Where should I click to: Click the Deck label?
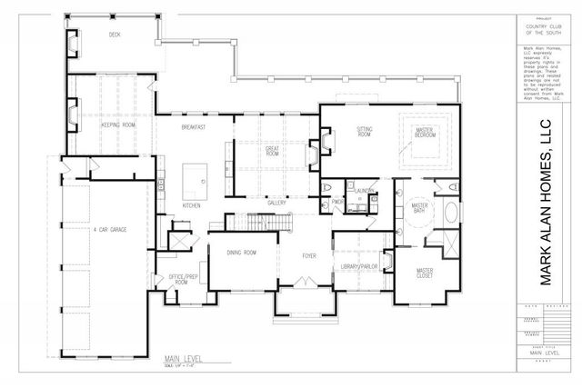[115, 35]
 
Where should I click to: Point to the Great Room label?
[272, 151]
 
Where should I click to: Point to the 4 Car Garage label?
[110, 229]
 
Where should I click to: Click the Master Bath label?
[419, 210]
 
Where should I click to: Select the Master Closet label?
[425, 274]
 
